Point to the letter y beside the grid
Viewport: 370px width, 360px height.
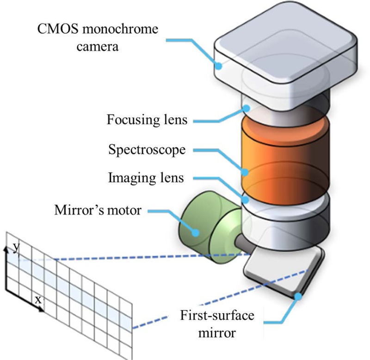click(x=16, y=247)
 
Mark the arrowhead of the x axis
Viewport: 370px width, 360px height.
click(x=44, y=308)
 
